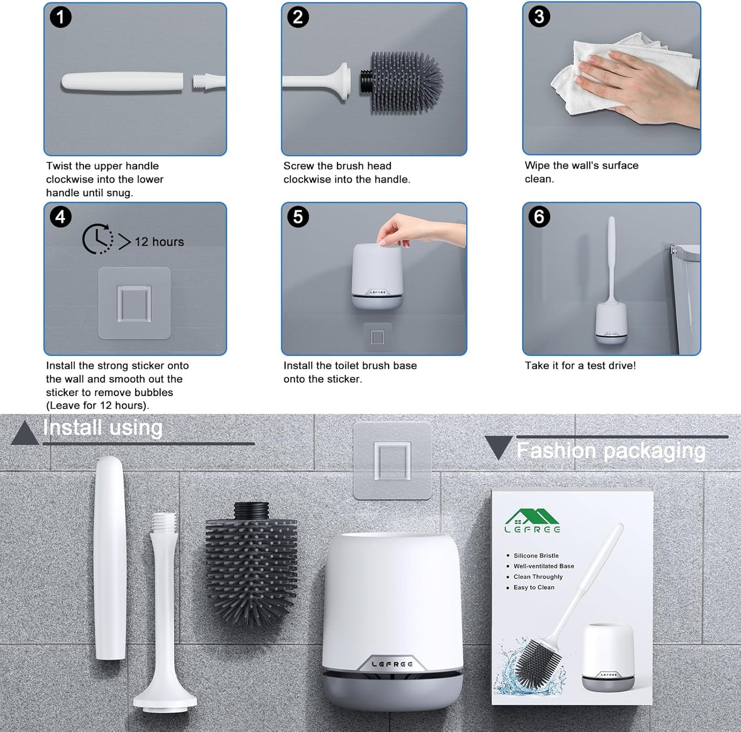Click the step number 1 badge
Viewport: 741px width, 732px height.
point(61,17)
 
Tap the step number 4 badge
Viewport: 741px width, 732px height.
point(61,217)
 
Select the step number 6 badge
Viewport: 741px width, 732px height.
point(539,216)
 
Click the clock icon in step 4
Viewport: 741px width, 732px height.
point(97,239)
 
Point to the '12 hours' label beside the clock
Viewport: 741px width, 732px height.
point(159,242)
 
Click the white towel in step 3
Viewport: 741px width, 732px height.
point(623,73)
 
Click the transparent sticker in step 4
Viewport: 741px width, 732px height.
point(134,303)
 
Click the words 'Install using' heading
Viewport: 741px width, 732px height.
point(103,427)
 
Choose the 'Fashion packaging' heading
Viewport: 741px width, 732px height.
point(611,450)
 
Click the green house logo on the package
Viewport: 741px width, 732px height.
point(532,521)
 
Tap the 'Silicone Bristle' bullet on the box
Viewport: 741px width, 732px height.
point(536,556)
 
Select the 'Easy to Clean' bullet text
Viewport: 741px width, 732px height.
point(534,587)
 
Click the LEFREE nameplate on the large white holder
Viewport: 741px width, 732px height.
point(392,663)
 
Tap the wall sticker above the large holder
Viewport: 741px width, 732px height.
point(392,461)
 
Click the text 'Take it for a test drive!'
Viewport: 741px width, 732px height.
point(580,365)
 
